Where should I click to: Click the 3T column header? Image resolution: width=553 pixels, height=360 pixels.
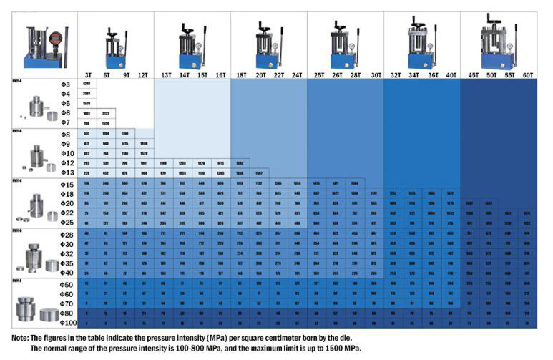88,74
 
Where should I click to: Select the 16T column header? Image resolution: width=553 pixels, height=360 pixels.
221,74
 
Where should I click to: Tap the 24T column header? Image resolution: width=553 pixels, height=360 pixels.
297,74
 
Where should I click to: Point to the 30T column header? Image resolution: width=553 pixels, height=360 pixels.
376,74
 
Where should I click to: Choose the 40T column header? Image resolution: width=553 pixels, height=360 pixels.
451,74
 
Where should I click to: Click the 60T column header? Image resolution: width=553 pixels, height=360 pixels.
528,74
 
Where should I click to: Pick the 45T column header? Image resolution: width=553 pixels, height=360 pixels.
472,74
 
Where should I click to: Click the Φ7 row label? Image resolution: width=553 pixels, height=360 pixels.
65,122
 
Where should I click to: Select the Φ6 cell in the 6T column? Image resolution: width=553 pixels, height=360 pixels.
106,113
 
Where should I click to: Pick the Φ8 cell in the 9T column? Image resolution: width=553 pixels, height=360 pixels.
124,134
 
